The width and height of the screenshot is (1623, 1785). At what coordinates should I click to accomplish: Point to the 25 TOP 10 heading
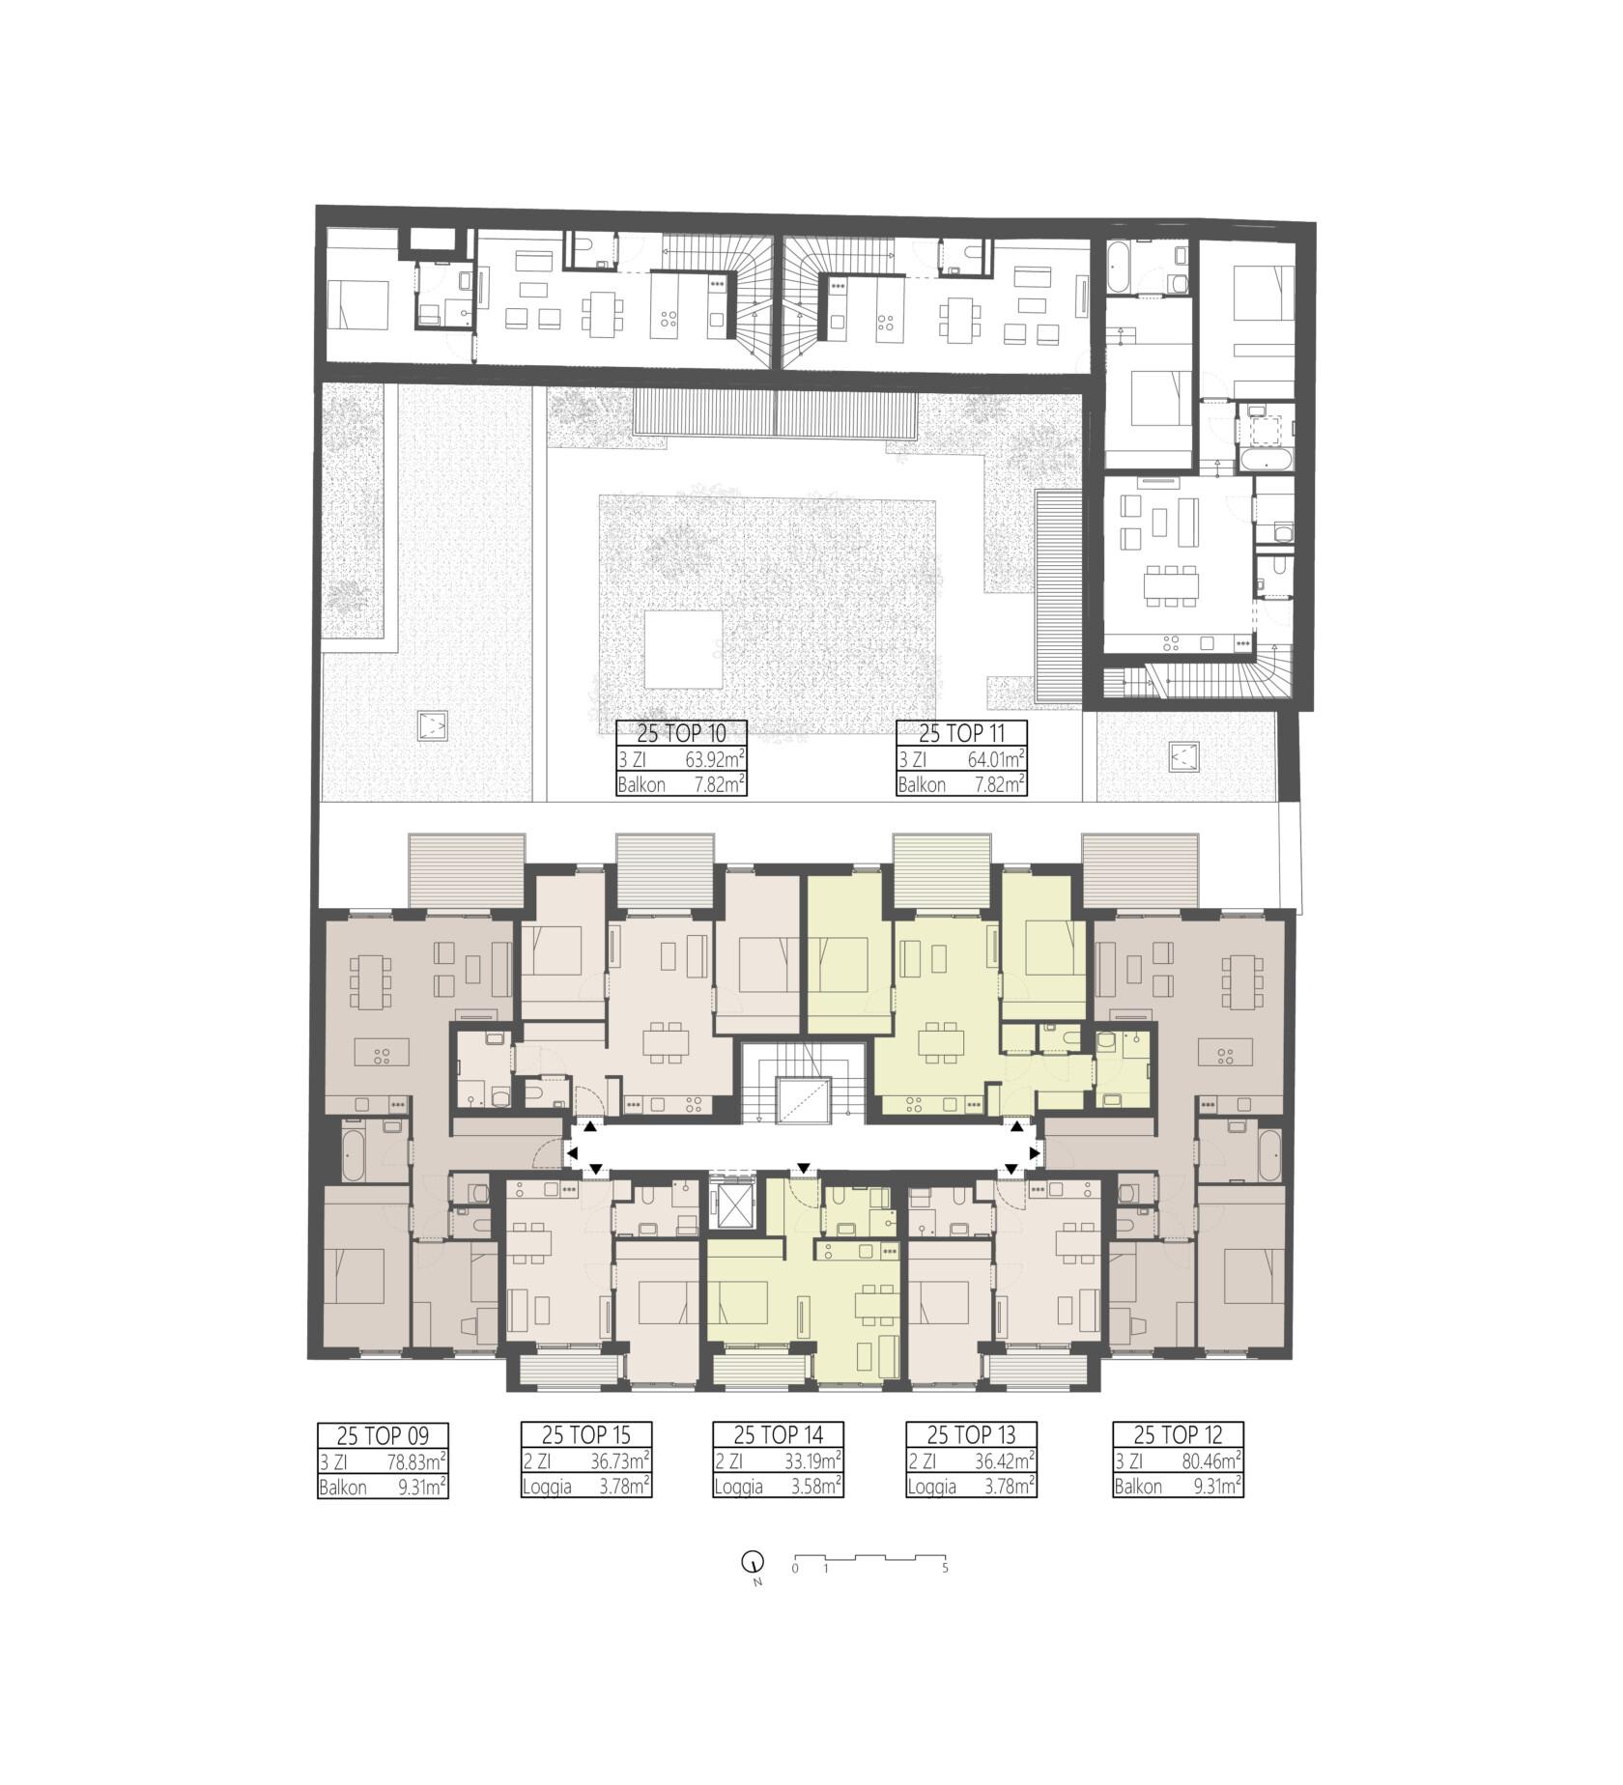coord(681,733)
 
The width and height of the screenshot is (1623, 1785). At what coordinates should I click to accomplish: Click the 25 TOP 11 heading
coord(961,733)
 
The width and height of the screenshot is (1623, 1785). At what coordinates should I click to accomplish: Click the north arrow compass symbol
coord(751,1561)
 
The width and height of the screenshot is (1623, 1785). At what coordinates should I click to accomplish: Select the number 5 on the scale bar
coord(945,1569)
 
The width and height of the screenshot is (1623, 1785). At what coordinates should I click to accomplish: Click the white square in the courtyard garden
coord(683,649)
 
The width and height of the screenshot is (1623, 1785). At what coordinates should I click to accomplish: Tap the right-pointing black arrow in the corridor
coord(1036,1153)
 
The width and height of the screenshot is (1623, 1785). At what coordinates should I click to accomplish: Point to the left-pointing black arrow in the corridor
coord(572,1153)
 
